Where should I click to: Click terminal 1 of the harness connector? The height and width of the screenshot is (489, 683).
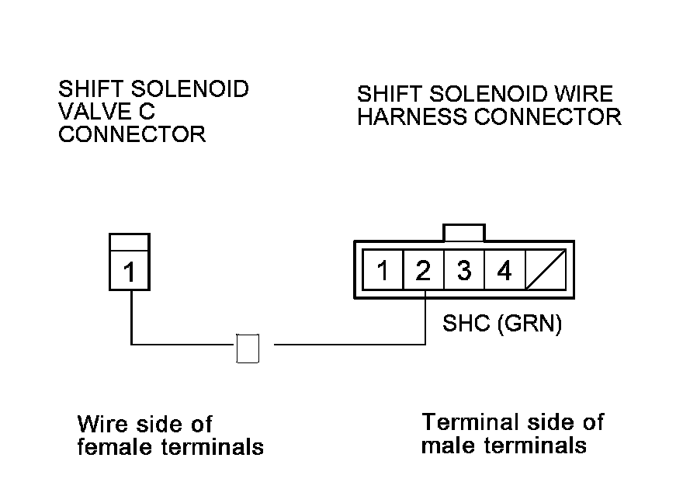[x=383, y=271]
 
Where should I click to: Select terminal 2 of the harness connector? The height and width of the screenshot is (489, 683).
[x=423, y=271]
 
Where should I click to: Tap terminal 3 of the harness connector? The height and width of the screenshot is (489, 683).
[x=464, y=271]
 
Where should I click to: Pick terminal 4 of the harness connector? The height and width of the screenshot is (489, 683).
[x=504, y=271]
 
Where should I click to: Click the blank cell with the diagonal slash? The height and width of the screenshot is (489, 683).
[x=545, y=271]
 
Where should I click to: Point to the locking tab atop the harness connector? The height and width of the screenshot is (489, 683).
[x=463, y=232]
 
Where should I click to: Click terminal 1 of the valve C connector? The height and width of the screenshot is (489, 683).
[x=130, y=272]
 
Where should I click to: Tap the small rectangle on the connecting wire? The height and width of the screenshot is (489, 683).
[x=248, y=349]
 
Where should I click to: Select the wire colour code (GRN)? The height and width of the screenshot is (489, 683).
[x=529, y=323]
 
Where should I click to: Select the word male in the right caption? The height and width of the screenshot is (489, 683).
[x=447, y=446]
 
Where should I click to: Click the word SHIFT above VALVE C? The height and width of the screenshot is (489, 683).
[x=88, y=88]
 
